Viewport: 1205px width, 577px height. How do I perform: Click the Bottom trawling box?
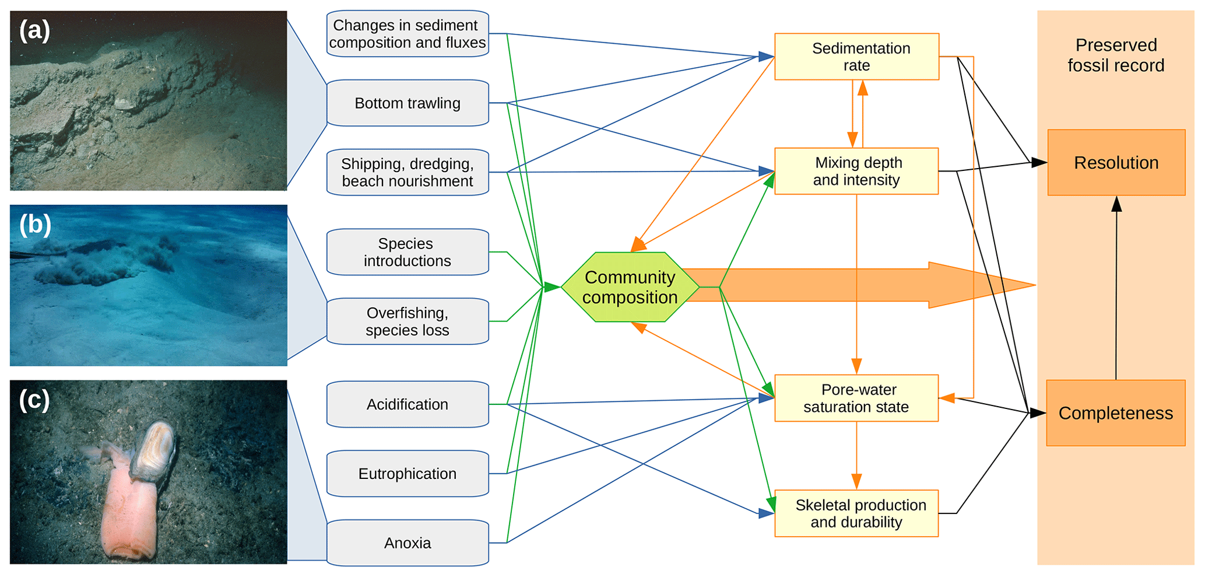pyautogui.click(x=407, y=103)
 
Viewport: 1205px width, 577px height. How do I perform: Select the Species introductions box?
pyautogui.click(x=407, y=252)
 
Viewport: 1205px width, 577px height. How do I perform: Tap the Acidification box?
pyautogui.click(x=407, y=404)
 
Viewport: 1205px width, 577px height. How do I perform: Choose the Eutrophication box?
pyautogui.click(x=407, y=474)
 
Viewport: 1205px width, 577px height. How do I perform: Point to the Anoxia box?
pyautogui.click(x=407, y=543)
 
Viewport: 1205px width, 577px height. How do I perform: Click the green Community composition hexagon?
pyautogui.click(x=630, y=287)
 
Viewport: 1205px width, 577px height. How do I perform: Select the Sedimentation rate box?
pyautogui.click(x=856, y=57)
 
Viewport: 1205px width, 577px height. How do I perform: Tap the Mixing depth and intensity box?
pyautogui.click(x=856, y=171)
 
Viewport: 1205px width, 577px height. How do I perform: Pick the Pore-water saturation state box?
pyautogui.click(x=856, y=398)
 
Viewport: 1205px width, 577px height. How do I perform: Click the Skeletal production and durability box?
pyautogui.click(x=856, y=513)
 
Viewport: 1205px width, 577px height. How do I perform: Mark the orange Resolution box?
pyautogui.click(x=1116, y=163)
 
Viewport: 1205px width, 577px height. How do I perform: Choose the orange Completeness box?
pyautogui.click(x=1116, y=413)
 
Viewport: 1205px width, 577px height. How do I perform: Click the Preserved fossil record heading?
pyautogui.click(x=1116, y=55)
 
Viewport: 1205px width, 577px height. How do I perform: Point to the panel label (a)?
pyautogui.click(x=34, y=30)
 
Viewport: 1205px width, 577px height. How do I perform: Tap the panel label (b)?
pyautogui.click(x=35, y=225)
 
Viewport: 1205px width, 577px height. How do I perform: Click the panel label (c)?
pyautogui.click(x=34, y=400)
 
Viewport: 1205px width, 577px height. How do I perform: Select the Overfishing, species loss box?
pyautogui.click(x=407, y=321)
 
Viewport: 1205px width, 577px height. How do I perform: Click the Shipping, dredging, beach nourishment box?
pyautogui.click(x=407, y=172)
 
